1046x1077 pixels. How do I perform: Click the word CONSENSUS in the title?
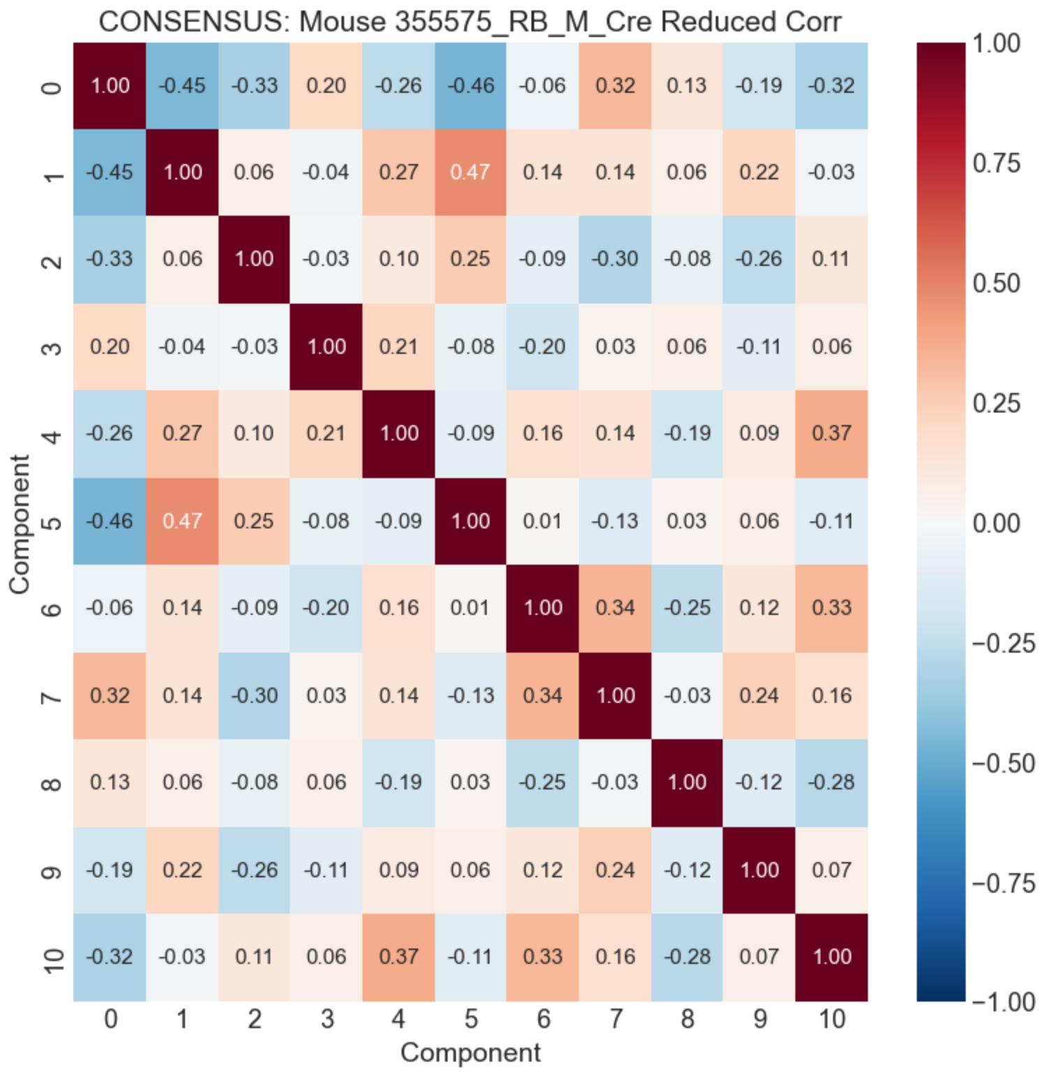193,22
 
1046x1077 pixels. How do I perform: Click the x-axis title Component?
470,1053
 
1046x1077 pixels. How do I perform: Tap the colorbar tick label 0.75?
996,163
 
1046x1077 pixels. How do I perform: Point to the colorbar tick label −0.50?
1003,763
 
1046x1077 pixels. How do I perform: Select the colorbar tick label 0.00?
996,523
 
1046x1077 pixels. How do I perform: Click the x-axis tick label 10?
832,1020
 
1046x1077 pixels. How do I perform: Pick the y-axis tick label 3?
52,347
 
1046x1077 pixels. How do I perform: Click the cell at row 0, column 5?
471,86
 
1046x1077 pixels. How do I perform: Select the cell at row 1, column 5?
471,172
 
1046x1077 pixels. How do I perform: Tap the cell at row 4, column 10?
832,433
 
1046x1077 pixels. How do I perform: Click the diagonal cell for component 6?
543,608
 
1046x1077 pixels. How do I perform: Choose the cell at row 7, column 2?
254,696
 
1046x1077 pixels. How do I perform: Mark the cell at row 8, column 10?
832,782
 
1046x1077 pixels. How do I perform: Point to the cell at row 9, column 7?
615,870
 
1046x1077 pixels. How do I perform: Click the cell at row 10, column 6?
543,957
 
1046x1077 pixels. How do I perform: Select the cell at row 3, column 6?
543,347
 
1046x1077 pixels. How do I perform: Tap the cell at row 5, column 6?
543,521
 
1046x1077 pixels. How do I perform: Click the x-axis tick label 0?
110,1020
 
